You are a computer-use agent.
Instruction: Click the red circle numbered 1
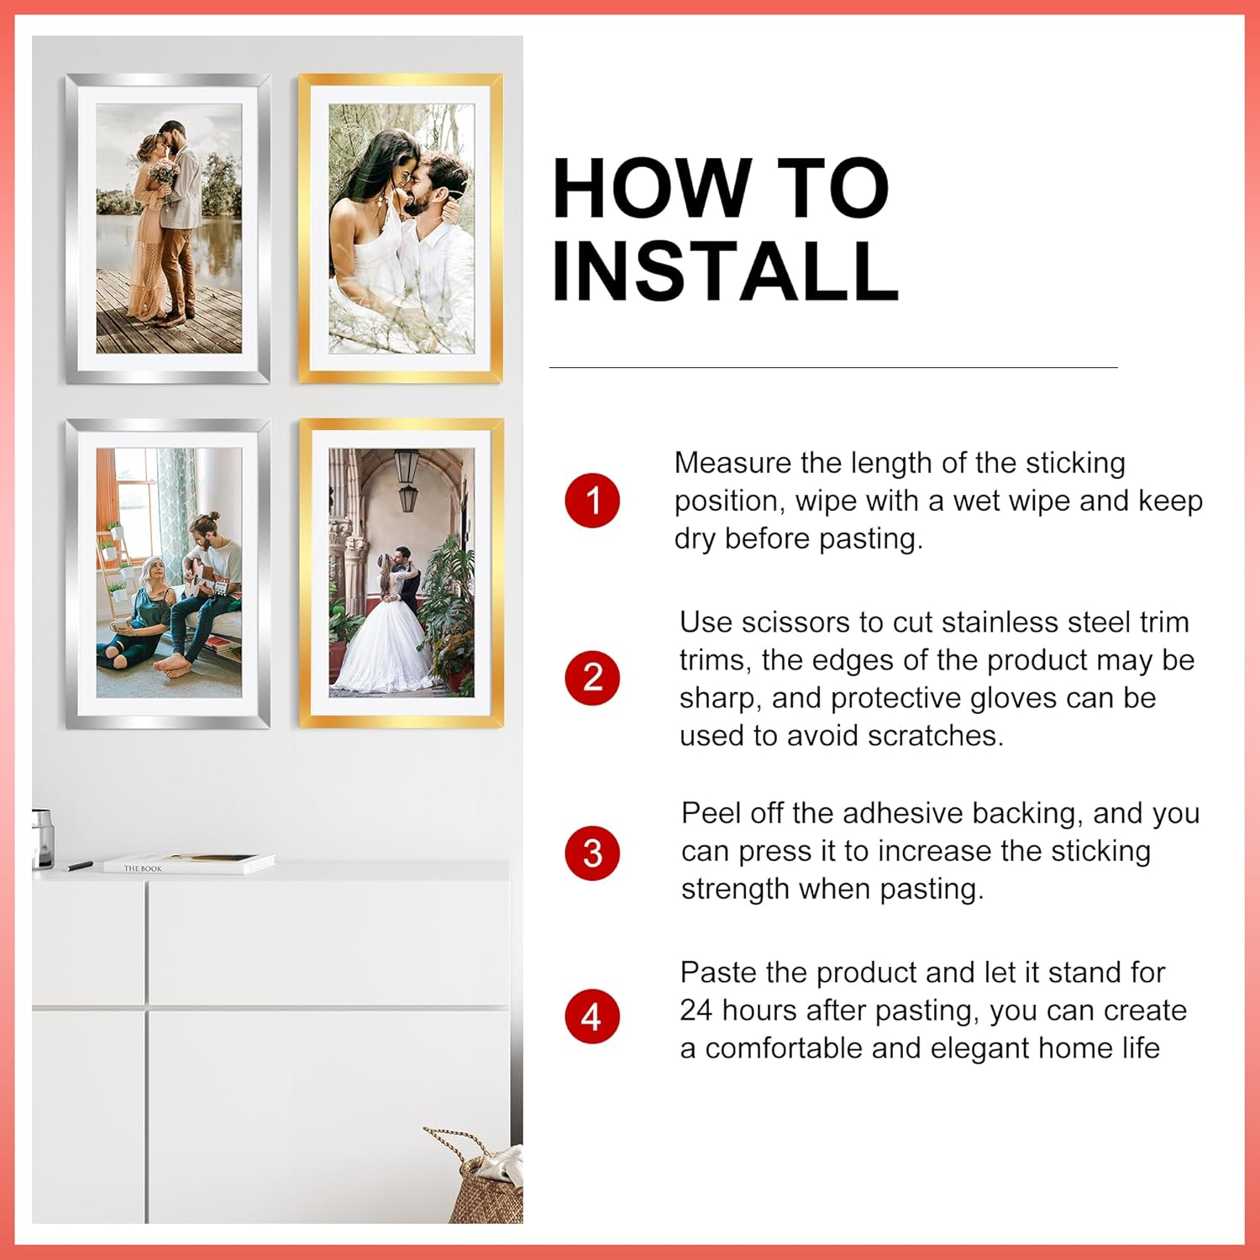[592, 501]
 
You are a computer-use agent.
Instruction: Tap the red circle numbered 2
[592, 677]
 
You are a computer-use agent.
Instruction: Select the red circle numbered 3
[592, 853]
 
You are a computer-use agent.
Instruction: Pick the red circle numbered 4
[592, 1016]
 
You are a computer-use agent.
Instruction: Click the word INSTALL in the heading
[724, 270]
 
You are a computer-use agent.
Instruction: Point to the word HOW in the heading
[650, 188]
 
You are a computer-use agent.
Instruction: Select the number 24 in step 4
[696, 1011]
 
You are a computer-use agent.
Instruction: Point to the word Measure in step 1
[732, 463]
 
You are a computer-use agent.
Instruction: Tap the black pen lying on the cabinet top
[81, 866]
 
